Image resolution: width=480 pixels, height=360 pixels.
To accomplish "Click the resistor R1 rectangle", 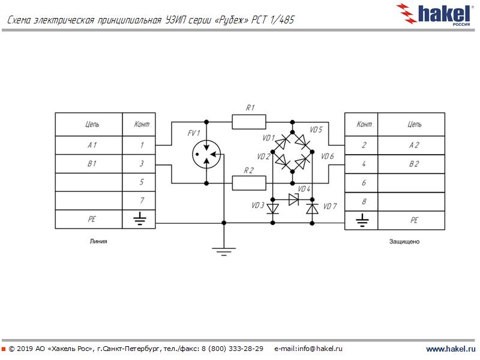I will (x=249, y=122).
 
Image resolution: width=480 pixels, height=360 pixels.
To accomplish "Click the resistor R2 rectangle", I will (x=249, y=183).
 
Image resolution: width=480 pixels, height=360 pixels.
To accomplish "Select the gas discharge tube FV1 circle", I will (x=206, y=155).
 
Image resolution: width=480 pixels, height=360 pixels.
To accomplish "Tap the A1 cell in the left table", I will (x=89, y=145).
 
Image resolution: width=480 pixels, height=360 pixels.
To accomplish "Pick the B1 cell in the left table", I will (x=89, y=164).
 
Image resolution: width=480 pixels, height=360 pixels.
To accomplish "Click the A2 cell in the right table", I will (x=414, y=145).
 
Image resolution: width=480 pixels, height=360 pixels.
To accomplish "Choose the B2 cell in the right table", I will (x=414, y=164).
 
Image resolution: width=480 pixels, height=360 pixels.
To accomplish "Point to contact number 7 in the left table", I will (x=142, y=201).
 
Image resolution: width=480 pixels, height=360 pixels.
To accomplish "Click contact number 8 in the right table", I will (x=364, y=202).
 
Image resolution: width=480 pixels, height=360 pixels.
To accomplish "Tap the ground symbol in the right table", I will (x=362, y=220).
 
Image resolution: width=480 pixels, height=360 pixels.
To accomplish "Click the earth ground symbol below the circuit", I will (x=224, y=250).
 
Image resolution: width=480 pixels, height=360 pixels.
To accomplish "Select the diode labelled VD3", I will (x=273, y=208).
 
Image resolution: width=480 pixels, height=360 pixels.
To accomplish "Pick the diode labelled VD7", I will (x=312, y=208).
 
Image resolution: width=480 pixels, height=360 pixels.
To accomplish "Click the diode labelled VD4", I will (x=293, y=199).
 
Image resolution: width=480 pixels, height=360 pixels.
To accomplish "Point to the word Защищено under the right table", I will (x=405, y=242).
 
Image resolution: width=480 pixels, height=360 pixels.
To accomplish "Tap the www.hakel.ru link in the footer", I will (x=450, y=349).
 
